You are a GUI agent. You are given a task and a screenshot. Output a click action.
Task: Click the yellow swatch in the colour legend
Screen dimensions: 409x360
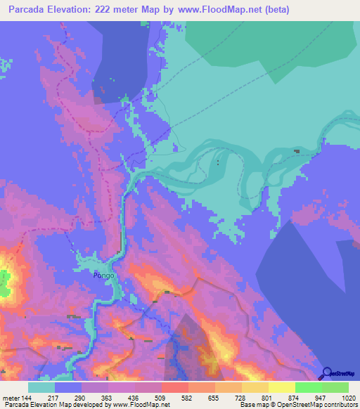click(281, 387)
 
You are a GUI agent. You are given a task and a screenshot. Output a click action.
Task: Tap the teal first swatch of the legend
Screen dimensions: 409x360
click(41, 387)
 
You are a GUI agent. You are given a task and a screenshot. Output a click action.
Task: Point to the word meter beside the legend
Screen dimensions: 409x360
click(10, 397)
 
